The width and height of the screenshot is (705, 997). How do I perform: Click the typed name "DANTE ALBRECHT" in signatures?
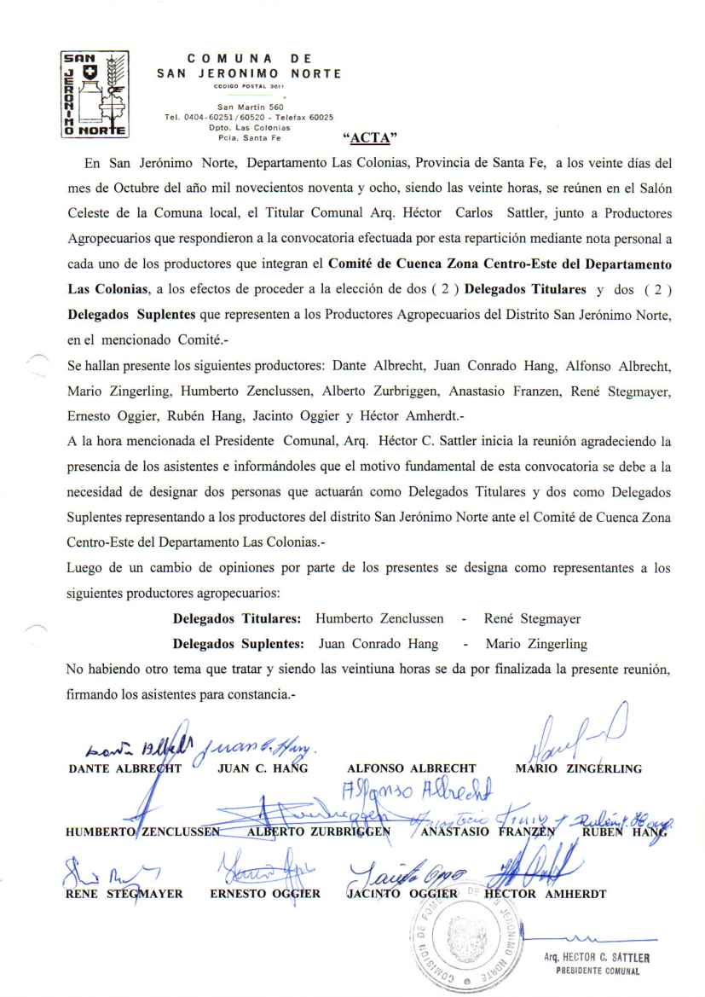point(118,768)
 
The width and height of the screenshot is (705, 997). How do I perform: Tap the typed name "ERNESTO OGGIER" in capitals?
point(265,896)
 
